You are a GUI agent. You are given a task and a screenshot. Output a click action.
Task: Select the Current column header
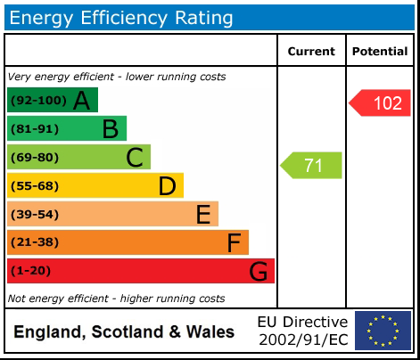click(311, 52)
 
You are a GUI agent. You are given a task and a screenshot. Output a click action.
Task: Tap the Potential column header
click(380, 52)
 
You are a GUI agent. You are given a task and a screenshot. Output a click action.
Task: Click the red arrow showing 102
click(381, 103)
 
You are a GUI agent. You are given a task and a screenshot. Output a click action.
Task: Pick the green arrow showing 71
click(312, 165)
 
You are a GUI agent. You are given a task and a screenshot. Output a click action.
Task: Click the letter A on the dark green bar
click(82, 102)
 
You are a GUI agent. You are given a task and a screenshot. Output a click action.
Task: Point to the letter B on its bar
click(110, 130)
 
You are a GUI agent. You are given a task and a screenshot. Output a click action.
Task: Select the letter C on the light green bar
click(135, 159)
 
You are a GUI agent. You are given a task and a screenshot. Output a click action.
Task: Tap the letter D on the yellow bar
click(167, 186)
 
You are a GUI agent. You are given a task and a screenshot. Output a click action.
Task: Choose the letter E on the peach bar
click(202, 215)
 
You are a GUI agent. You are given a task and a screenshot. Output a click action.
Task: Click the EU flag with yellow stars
click(383, 331)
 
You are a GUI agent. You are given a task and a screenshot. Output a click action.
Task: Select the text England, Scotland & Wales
click(125, 332)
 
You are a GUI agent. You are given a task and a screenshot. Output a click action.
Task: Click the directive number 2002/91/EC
click(302, 340)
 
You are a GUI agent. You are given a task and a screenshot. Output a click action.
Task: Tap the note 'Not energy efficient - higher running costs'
click(116, 299)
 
